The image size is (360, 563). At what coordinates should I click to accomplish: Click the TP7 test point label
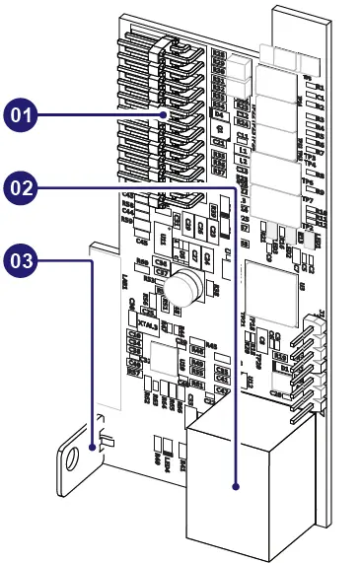[x=307, y=200]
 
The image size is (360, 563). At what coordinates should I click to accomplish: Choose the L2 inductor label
[x=243, y=161]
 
